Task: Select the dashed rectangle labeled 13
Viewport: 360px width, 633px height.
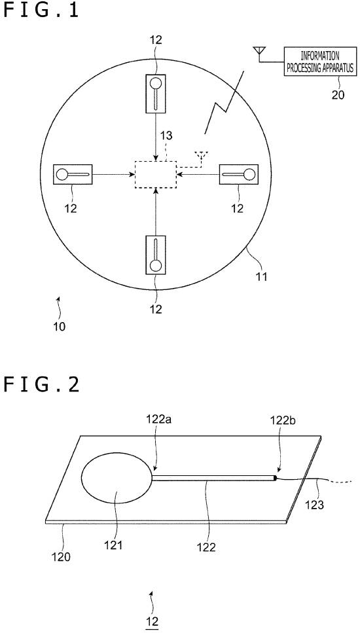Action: [155, 174]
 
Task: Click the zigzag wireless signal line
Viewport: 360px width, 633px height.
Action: [225, 103]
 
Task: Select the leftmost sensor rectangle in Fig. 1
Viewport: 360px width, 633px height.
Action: [73, 174]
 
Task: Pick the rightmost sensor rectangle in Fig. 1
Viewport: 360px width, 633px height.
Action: [238, 174]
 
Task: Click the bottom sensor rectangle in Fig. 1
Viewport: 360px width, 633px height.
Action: [155, 255]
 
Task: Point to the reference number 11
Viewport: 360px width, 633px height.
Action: [261, 278]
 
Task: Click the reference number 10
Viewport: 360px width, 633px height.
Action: [59, 326]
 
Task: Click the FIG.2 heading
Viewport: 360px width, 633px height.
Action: [41, 385]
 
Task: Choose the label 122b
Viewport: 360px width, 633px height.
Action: [282, 420]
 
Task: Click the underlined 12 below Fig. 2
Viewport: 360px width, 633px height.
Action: [153, 621]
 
